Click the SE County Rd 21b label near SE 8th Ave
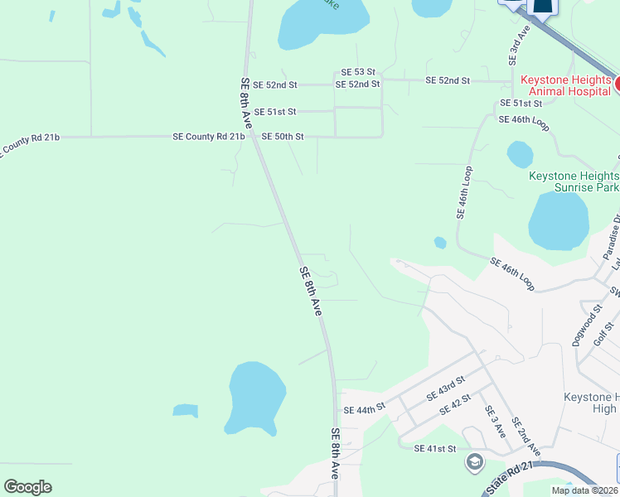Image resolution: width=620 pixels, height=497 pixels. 208,136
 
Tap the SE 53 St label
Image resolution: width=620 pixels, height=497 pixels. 358,73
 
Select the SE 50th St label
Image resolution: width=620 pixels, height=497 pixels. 283,136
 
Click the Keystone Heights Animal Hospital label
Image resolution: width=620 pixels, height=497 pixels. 566,85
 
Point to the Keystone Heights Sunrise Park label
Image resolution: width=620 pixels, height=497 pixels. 574,182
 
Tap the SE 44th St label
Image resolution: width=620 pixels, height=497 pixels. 365,409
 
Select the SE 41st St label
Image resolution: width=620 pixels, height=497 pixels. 435,448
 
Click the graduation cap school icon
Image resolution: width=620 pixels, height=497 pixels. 476,461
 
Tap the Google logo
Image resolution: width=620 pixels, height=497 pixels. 27,487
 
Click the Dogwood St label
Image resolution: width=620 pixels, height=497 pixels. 589,325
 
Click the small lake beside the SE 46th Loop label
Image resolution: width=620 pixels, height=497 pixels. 520,154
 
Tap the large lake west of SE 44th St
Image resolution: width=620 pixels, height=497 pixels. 256,398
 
